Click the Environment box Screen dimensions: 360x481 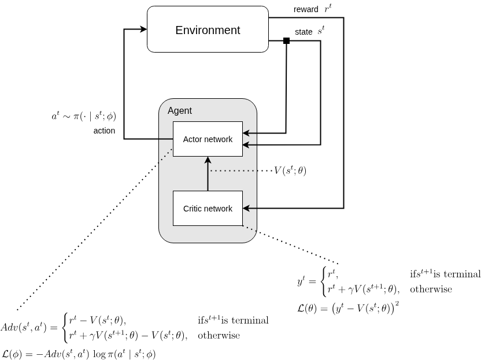208,30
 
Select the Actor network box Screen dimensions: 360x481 208,139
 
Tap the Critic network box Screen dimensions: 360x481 208,208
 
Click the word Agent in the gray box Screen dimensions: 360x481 179,110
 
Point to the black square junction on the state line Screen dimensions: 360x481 286,40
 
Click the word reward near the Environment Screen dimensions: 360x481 305,9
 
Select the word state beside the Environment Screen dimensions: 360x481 304,32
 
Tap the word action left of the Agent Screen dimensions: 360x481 104,131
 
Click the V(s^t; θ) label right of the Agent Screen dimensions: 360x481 290,170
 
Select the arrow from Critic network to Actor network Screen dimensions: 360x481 208,173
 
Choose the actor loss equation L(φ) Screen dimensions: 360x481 79,353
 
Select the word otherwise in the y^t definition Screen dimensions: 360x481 431,289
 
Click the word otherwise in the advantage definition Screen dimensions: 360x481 219,335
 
